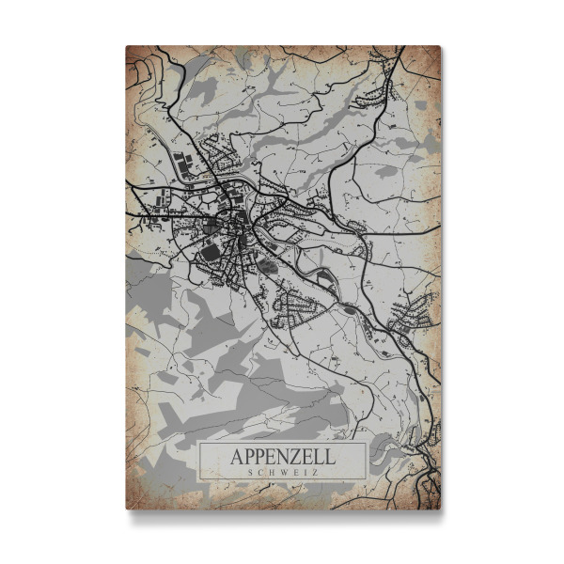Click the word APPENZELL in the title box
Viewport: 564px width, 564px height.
coord(281,457)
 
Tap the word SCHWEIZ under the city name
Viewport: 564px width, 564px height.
coord(281,473)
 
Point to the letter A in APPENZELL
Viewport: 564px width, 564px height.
coord(235,457)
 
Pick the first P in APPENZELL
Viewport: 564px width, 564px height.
coord(247,457)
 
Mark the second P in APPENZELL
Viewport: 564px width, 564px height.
coord(258,457)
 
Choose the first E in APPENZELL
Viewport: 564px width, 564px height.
coord(271,457)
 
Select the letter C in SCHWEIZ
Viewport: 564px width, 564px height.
coord(258,473)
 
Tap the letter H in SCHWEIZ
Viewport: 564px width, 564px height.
coord(270,473)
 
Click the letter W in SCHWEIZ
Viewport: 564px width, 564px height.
coord(282,473)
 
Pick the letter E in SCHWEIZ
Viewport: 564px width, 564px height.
coord(294,473)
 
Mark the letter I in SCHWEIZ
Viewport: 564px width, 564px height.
coord(304,473)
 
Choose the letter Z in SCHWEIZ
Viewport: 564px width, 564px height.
coord(314,473)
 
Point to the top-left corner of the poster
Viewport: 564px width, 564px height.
coord(127,46)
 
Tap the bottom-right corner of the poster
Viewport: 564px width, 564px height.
coord(440,509)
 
